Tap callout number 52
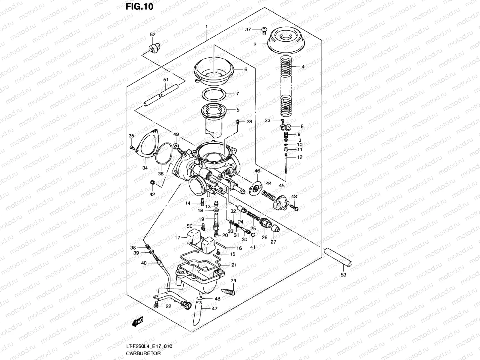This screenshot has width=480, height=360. pos(153,34)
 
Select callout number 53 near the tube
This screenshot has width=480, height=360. pos(343,274)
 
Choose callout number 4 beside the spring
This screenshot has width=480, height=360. pos(303,67)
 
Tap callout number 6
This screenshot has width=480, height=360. pos(246,69)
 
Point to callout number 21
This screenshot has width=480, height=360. pos(234,265)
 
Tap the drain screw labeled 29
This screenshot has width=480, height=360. pos(229,291)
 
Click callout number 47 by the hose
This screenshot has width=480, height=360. pos(214,308)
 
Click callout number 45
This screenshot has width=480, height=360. pos(281,185)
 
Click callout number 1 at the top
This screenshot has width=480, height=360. pos(206,27)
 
